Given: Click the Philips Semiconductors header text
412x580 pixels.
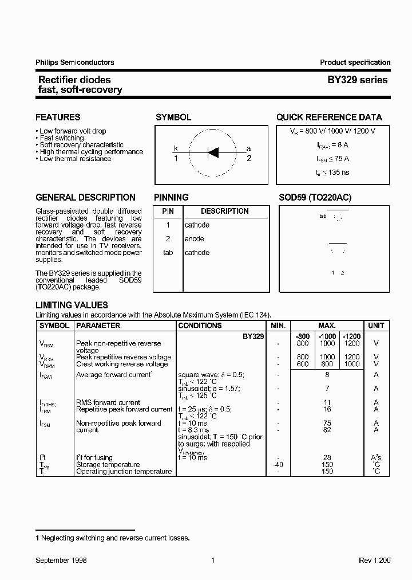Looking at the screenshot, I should [x=74, y=62].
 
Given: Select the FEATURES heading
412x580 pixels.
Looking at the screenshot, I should [x=58, y=117].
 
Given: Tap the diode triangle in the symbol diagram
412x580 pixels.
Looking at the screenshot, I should [x=213, y=152].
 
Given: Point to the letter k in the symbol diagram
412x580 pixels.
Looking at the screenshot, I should [x=176, y=148].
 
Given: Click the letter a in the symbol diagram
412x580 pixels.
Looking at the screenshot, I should [x=248, y=148].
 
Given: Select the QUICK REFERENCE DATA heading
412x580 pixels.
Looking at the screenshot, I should [x=329, y=117].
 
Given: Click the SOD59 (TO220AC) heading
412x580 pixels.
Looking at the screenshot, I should [x=315, y=198].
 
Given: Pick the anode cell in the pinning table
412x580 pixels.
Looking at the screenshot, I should [x=195, y=239].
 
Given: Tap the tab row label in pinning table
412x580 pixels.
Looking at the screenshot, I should [x=168, y=253].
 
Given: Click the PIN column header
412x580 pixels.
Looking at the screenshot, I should [x=168, y=211].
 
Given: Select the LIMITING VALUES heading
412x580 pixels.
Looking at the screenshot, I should [x=72, y=305].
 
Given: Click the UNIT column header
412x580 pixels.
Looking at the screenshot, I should [x=376, y=326].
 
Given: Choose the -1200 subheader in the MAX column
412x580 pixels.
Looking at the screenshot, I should [x=352, y=336].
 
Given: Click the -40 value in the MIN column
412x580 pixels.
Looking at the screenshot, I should [x=278, y=465].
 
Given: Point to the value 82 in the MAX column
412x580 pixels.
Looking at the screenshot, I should [x=327, y=430].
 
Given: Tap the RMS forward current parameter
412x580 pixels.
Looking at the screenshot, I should [x=108, y=403].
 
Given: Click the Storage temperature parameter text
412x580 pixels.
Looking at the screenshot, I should [x=108, y=465].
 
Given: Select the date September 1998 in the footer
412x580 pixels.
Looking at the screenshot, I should [x=61, y=561].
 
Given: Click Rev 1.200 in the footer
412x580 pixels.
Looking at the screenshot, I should [x=374, y=561].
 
